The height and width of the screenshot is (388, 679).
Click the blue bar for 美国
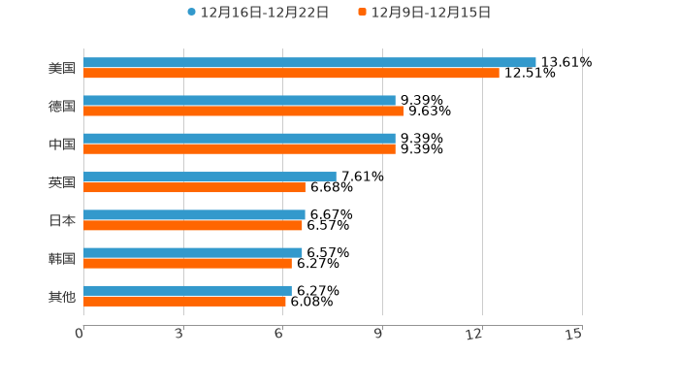click(309, 62)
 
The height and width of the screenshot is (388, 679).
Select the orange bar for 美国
click(291, 73)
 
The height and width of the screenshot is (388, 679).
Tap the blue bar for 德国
click(240, 100)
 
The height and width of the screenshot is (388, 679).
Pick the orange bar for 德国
click(243, 111)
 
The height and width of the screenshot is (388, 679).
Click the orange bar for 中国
click(240, 148)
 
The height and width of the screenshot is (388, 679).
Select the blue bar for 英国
click(210, 177)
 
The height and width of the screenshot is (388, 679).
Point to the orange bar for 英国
click(194, 187)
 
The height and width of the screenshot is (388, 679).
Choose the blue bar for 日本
click(194, 214)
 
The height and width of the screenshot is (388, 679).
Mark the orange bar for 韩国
click(187, 263)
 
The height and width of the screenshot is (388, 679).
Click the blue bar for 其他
click(187, 290)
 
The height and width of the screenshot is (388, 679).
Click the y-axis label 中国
click(62, 144)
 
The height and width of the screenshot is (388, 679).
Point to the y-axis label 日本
click(62, 220)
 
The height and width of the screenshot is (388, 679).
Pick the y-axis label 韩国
click(62, 258)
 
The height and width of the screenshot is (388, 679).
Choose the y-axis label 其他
click(62, 296)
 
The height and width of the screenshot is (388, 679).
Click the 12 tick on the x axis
click(474, 334)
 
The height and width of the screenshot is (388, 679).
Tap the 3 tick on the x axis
click(179, 334)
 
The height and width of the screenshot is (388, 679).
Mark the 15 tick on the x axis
click(573, 334)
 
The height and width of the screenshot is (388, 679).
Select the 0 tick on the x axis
click(80, 334)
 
